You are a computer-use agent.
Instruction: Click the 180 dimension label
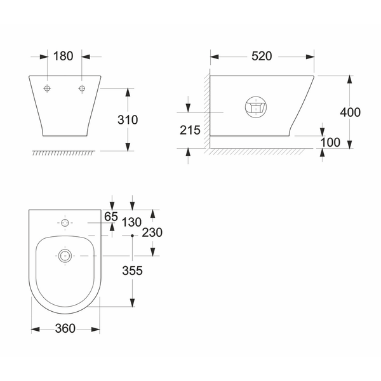click(x=63, y=56)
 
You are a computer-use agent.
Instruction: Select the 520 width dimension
click(x=262, y=56)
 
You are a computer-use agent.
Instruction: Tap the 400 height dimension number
click(x=350, y=112)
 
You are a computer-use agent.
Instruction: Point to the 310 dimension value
click(x=128, y=120)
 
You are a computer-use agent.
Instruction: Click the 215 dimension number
click(x=190, y=130)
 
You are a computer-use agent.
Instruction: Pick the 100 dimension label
click(x=330, y=142)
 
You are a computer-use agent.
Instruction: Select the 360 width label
click(x=65, y=328)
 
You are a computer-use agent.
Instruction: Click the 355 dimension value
click(x=133, y=271)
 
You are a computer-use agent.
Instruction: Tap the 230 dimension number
click(x=152, y=232)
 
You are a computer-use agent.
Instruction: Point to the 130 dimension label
click(x=131, y=222)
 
